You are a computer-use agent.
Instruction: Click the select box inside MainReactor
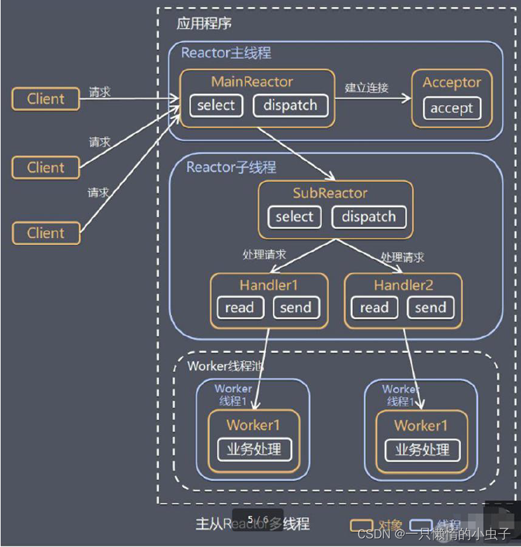coord(216,106)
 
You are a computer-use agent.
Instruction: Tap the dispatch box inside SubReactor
coord(369,218)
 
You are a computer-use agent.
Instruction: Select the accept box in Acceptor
coord(451,108)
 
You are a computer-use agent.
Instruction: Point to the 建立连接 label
coord(366,88)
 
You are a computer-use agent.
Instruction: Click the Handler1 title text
coord(269,286)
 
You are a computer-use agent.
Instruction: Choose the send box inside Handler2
coord(430,308)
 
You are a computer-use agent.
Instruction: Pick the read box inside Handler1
coord(240,308)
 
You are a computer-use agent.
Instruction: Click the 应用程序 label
coord(204,24)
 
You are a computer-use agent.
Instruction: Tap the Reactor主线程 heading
coord(226,53)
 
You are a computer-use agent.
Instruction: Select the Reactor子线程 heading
coord(231,167)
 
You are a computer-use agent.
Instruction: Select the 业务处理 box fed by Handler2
coord(422,450)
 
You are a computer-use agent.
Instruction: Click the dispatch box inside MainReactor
coord(290,106)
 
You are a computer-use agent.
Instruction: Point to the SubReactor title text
coord(330,194)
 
